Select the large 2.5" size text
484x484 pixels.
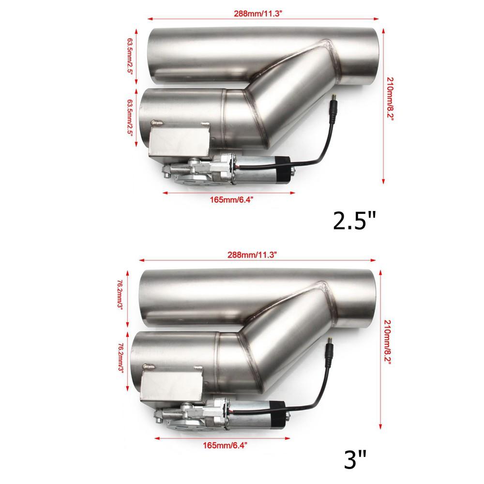coord(354,221)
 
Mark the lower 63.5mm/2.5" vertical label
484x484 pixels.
coord(130,118)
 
